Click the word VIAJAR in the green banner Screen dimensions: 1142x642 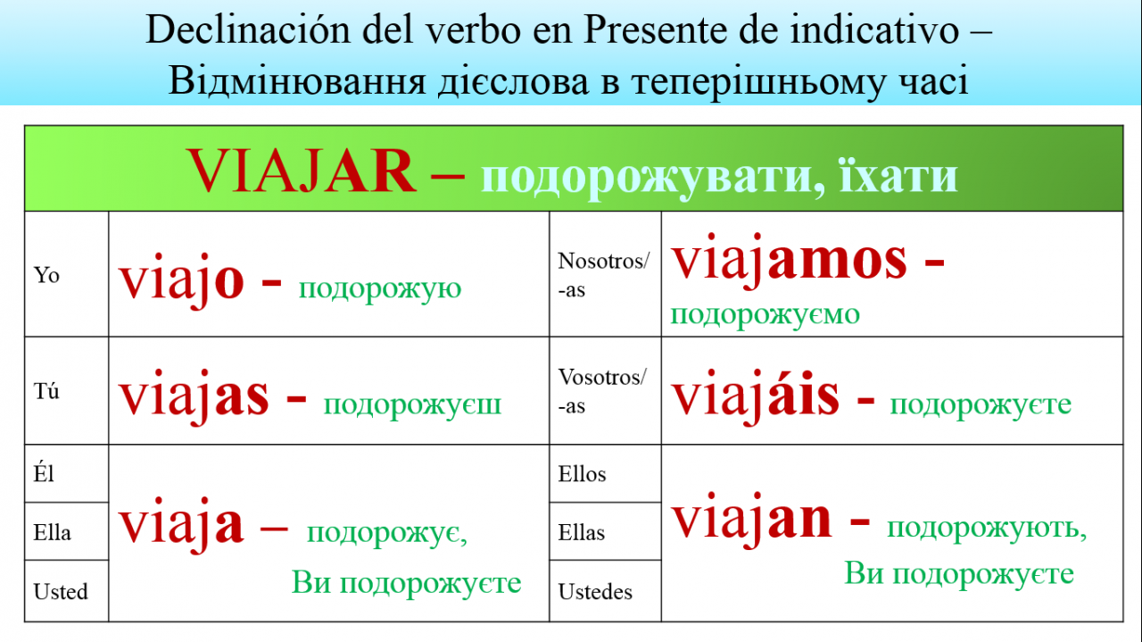click(x=302, y=171)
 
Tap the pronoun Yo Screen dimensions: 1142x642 click(x=46, y=275)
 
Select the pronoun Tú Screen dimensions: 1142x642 click(x=46, y=391)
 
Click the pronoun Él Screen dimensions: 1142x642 click(x=44, y=473)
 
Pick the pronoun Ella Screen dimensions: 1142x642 click(x=52, y=532)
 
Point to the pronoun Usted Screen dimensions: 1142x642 click(x=61, y=591)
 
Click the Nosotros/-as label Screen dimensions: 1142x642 click(x=604, y=275)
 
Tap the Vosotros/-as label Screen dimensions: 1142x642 click(x=602, y=391)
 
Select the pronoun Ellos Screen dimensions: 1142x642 click(x=582, y=474)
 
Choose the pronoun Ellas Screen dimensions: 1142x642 click(x=581, y=533)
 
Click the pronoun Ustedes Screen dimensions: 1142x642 click(x=595, y=592)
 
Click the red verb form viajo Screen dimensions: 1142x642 click(x=181, y=280)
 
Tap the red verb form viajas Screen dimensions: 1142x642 click(x=194, y=396)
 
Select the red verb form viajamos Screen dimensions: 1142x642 click(x=789, y=260)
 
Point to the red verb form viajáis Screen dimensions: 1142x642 click(x=755, y=396)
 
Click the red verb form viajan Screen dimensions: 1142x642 click(x=751, y=520)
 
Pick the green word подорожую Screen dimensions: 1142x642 click(x=380, y=289)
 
